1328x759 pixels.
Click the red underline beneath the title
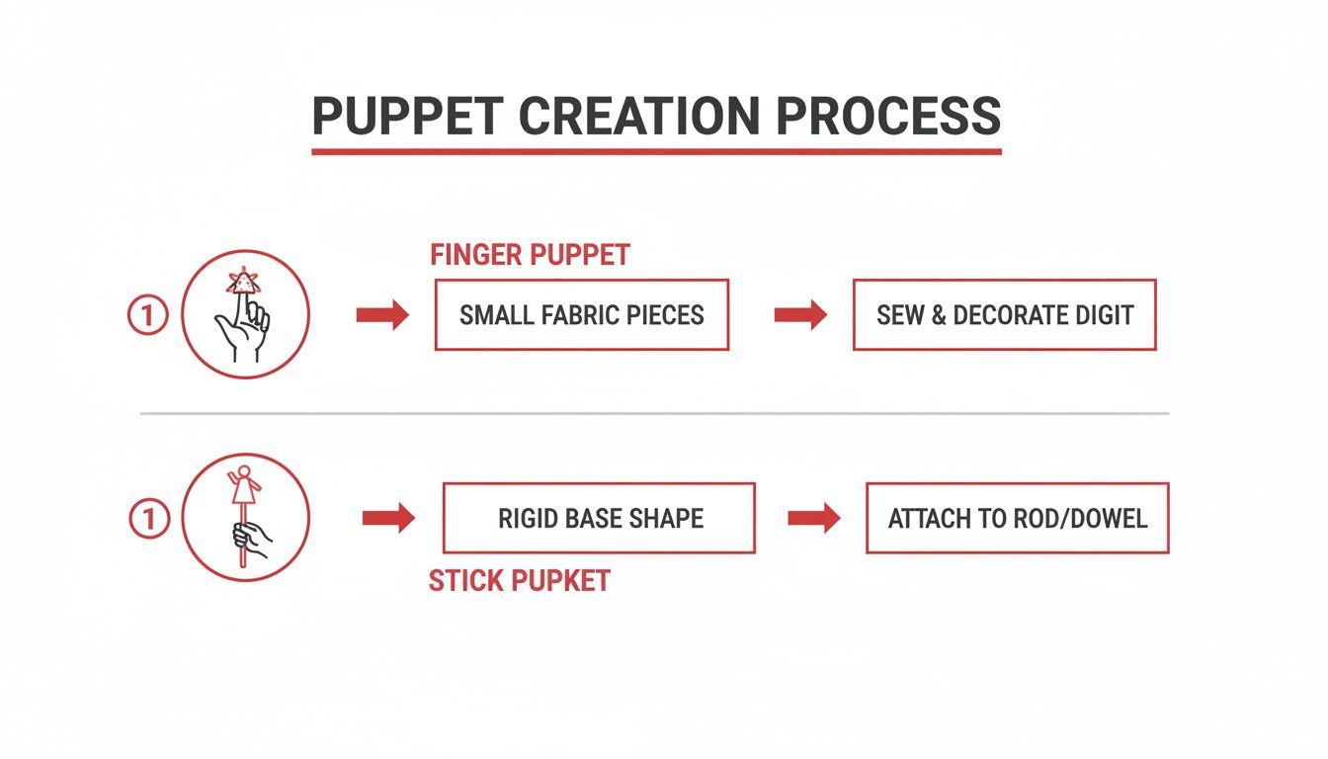[x=656, y=151]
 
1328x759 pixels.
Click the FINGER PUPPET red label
[x=530, y=255]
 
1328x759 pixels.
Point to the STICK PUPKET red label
[x=519, y=580]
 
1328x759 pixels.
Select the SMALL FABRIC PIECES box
[x=581, y=315]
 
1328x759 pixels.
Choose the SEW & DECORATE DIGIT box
[x=1004, y=315]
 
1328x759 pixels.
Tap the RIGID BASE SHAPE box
[x=599, y=518]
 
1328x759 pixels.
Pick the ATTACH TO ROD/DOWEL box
[x=1017, y=518]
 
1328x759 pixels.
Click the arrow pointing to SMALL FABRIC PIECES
[x=382, y=315]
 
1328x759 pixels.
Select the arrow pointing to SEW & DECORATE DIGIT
[x=800, y=315]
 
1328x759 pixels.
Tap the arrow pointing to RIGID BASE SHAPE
[x=389, y=519]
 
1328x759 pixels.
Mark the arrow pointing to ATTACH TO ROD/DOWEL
[x=814, y=518]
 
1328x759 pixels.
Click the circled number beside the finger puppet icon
[x=147, y=316]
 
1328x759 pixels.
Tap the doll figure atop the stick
[x=241, y=486]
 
